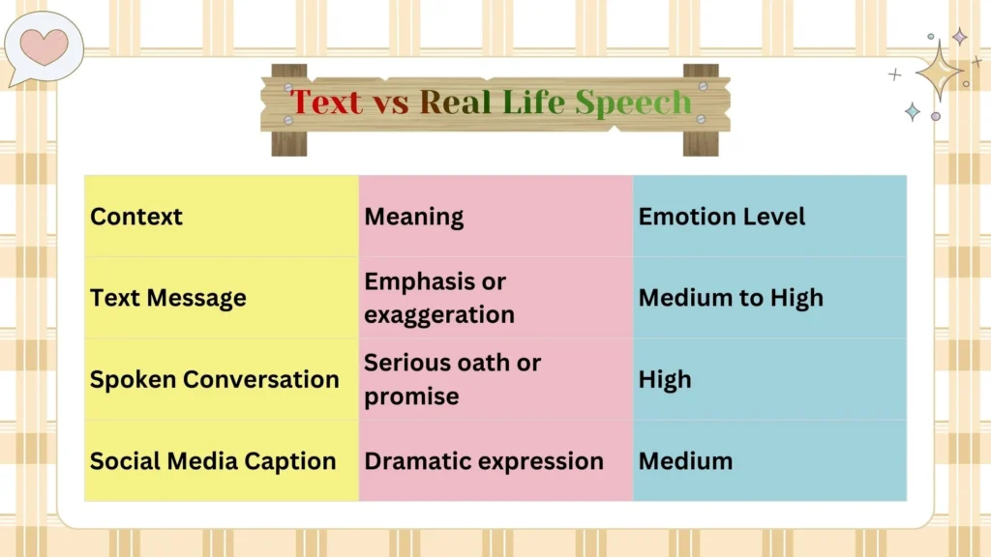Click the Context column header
click(x=136, y=217)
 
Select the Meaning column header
click(x=414, y=217)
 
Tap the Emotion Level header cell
click(x=722, y=217)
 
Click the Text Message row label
click(x=168, y=298)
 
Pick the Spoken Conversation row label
click(x=215, y=379)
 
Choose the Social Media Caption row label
click(x=213, y=461)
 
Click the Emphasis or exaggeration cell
click(x=439, y=298)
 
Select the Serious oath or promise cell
click(x=452, y=379)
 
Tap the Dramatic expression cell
click(x=484, y=461)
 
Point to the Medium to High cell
click(x=731, y=298)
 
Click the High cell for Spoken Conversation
click(x=665, y=379)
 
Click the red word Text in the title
click(x=326, y=102)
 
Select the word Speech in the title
click(x=634, y=103)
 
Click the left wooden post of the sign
click(x=288, y=141)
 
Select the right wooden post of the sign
click(x=701, y=141)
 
